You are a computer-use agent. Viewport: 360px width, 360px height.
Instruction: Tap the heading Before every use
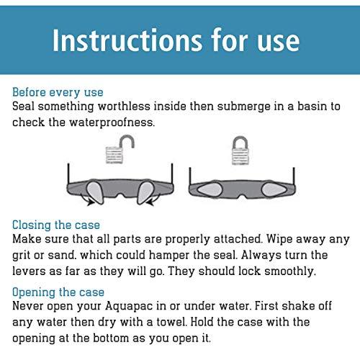[58, 92]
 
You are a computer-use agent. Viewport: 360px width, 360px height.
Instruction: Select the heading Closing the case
[56, 225]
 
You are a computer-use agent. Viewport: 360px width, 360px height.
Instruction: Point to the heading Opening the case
[58, 292]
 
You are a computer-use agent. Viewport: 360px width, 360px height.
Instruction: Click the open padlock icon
[120, 150]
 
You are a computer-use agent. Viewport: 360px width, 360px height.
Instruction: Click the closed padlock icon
[240, 150]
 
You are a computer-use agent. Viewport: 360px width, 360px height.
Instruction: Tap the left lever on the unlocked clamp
[94, 192]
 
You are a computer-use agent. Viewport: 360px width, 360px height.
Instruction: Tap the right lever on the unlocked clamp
[145, 192]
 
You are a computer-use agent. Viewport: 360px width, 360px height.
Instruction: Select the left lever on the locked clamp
[210, 189]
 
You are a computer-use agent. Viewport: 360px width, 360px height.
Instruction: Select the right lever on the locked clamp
[274, 190]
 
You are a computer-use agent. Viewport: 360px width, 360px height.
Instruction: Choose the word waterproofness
[112, 122]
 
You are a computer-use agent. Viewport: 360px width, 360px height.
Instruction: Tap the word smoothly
[289, 272]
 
